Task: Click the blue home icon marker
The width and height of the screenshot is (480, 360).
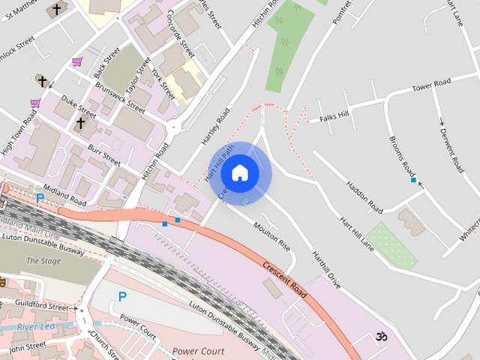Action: (x=239, y=173)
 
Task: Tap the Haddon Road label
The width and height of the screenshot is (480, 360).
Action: (x=365, y=196)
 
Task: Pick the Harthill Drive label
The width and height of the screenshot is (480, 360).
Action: (x=326, y=270)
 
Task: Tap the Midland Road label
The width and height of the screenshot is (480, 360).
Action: (x=65, y=193)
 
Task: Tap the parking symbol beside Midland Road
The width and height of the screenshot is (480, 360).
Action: (x=39, y=199)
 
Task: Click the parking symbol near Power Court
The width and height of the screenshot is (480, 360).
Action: (x=122, y=297)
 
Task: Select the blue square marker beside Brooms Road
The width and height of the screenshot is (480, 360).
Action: (x=413, y=180)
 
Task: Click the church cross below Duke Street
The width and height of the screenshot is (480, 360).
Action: (x=80, y=122)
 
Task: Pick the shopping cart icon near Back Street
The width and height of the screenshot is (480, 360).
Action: (x=76, y=61)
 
